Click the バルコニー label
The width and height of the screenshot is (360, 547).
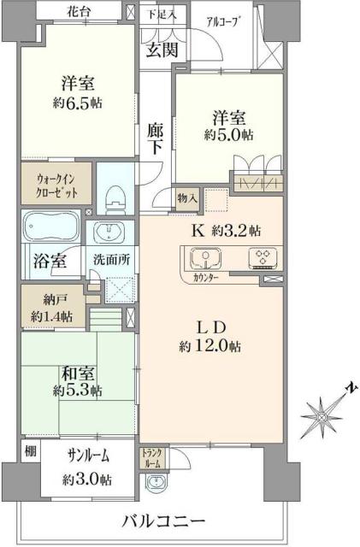pyautogui.click(x=162, y=521)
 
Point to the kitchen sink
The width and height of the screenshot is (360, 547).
pyautogui.click(x=203, y=257)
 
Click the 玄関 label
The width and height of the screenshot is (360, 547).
pyautogui.click(x=161, y=50)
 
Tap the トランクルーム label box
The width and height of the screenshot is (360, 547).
pyautogui.click(x=150, y=456)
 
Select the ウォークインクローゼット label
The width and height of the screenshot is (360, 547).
pyautogui.click(x=54, y=185)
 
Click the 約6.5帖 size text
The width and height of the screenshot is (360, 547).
pyautogui.click(x=76, y=106)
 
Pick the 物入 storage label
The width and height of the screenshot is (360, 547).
pyautogui.click(x=187, y=198)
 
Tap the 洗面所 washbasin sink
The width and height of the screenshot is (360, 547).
pyautogui.click(x=109, y=232)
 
